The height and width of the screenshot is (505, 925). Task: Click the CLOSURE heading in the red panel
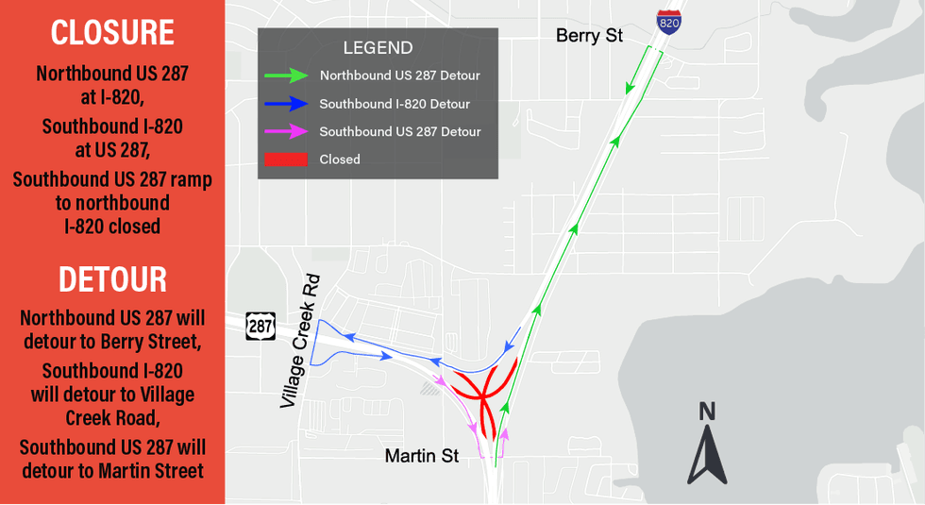[112, 33]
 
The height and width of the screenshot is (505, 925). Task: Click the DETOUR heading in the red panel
[112, 279]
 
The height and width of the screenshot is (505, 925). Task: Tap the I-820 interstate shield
[669, 21]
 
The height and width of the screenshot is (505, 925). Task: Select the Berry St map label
[589, 36]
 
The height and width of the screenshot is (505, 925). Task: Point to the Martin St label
[421, 456]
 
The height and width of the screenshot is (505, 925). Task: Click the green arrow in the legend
[286, 76]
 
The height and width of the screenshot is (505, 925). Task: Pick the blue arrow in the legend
[286, 104]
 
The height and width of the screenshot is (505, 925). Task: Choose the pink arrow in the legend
[286, 131]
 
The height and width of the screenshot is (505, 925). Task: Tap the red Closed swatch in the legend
[286, 160]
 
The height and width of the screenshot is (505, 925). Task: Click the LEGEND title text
[378, 48]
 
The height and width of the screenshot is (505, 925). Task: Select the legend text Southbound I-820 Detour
[395, 104]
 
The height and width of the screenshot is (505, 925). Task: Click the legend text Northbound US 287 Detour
[400, 76]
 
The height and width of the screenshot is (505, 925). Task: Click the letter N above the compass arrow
[707, 411]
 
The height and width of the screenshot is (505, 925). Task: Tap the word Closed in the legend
[340, 160]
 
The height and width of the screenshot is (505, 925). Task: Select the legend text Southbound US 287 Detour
[400, 131]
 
